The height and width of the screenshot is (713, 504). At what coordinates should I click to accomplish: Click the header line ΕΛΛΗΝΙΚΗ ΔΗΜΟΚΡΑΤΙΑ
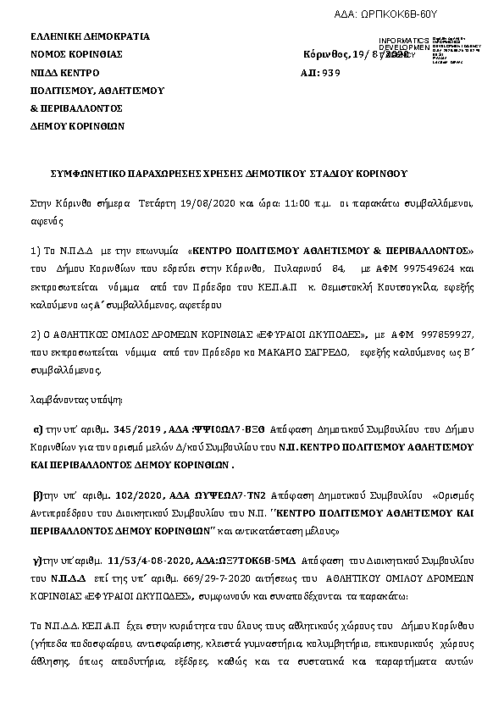point(90,36)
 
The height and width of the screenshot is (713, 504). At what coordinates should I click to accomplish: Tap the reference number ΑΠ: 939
point(320,73)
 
